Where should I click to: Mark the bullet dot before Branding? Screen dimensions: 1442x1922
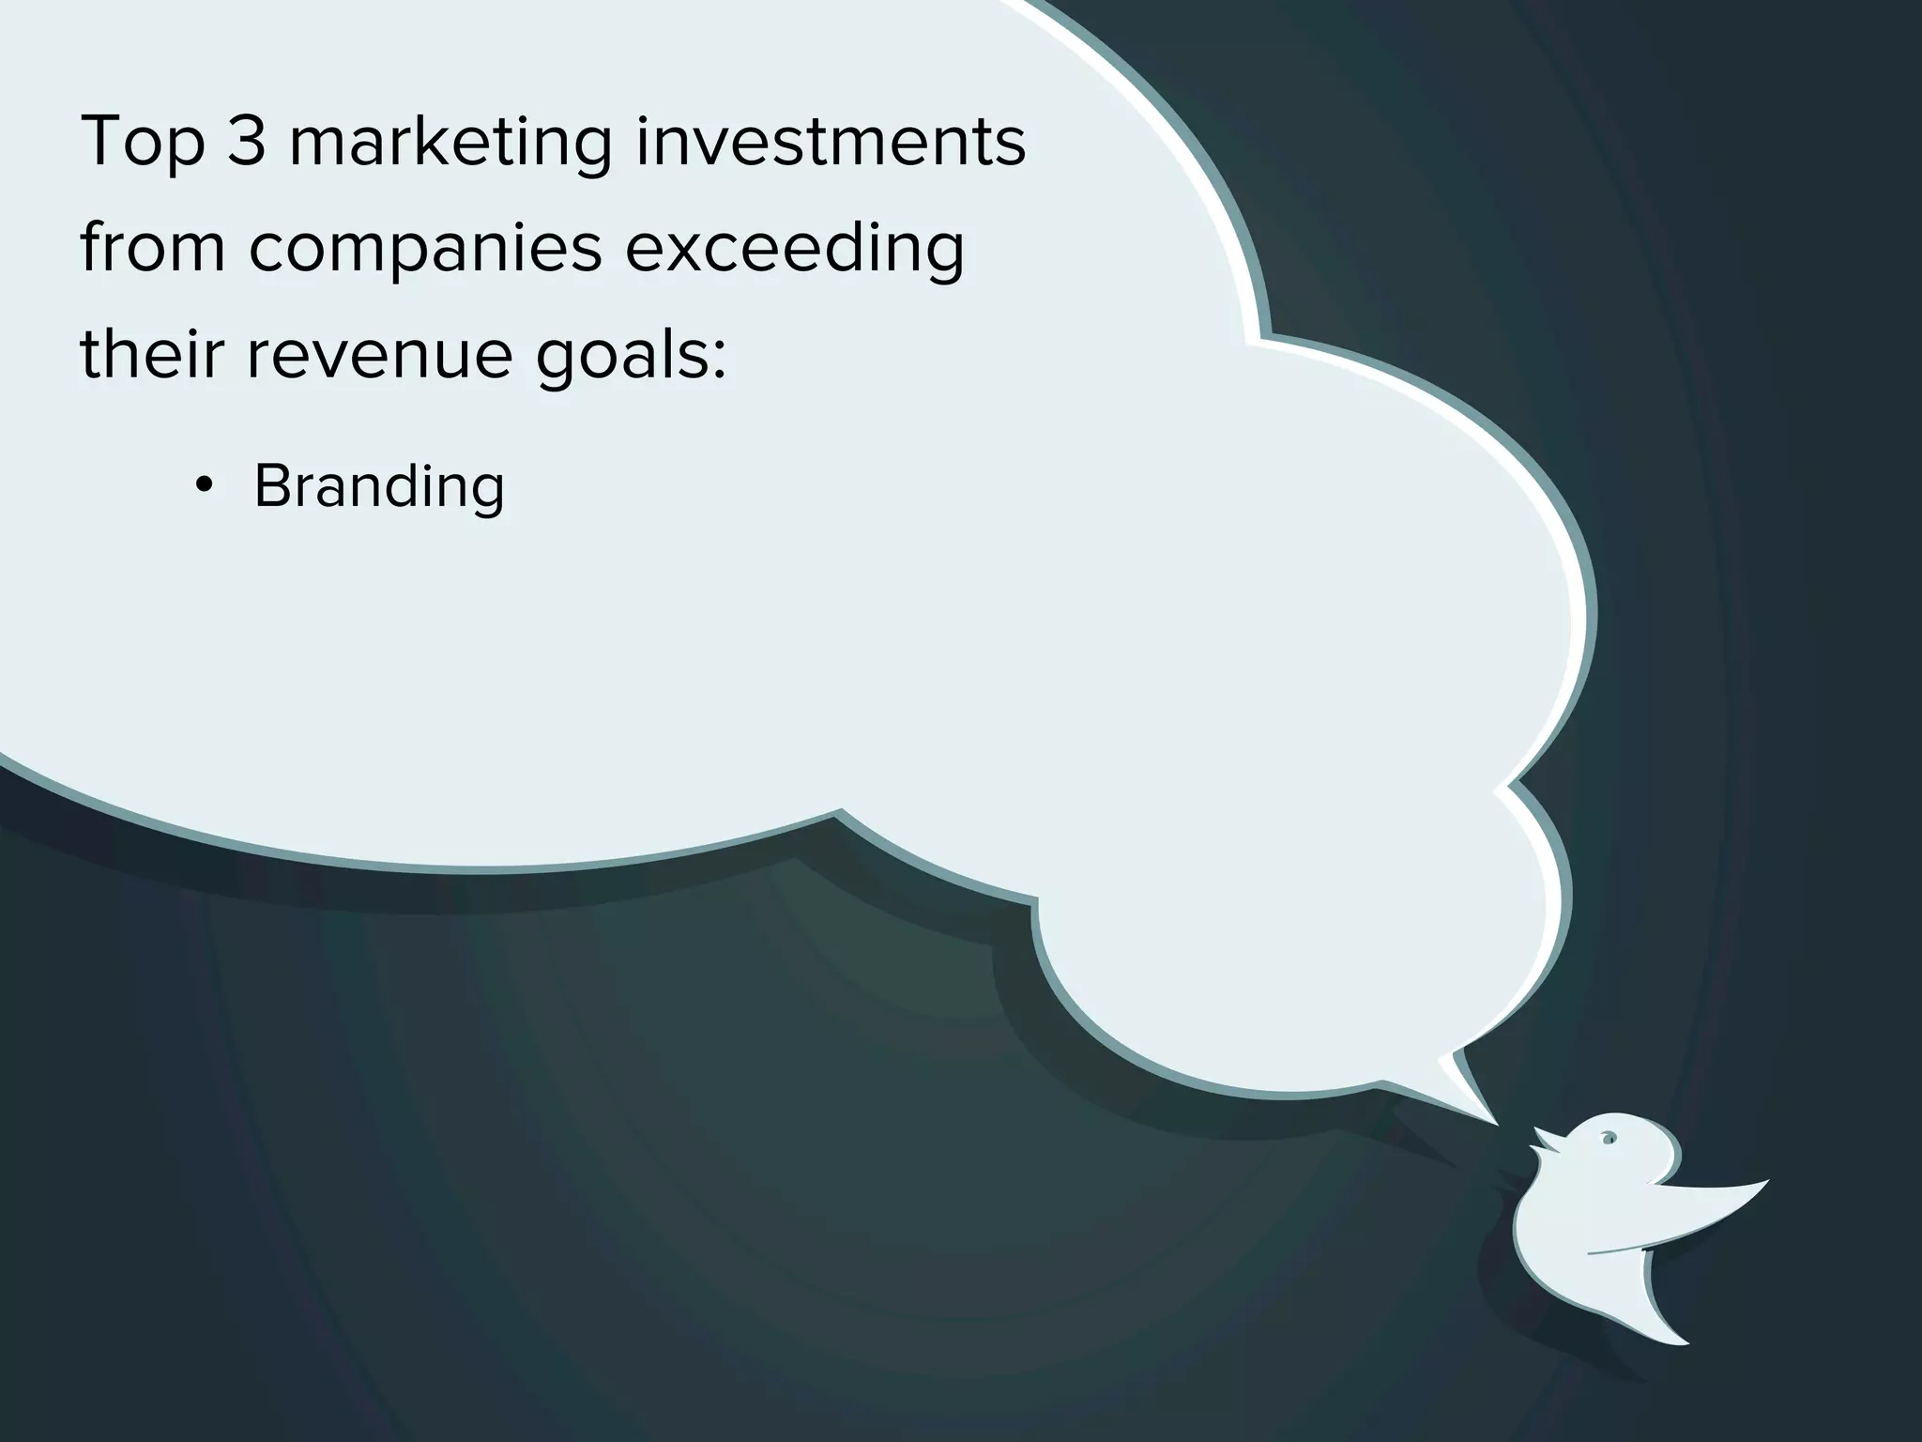(203, 486)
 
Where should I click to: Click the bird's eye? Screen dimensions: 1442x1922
(1609, 1140)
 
